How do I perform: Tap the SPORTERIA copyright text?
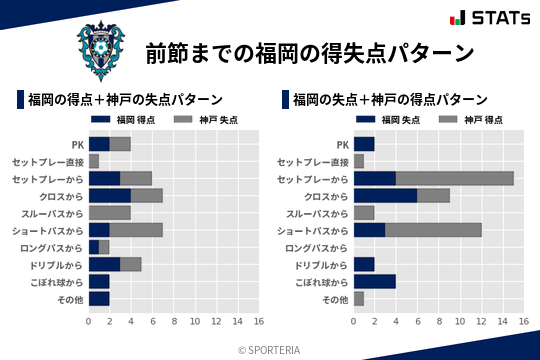tap(270, 350)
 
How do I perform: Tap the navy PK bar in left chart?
tap(99, 144)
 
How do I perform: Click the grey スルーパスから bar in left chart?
tap(110, 212)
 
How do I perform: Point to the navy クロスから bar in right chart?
tap(386, 195)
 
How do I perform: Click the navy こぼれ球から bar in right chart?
tap(375, 281)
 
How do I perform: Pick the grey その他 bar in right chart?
tap(359, 298)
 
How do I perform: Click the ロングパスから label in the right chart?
tap(318, 247)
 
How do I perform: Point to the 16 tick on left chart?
tap(258, 322)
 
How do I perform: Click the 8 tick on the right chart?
tap(439, 322)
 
